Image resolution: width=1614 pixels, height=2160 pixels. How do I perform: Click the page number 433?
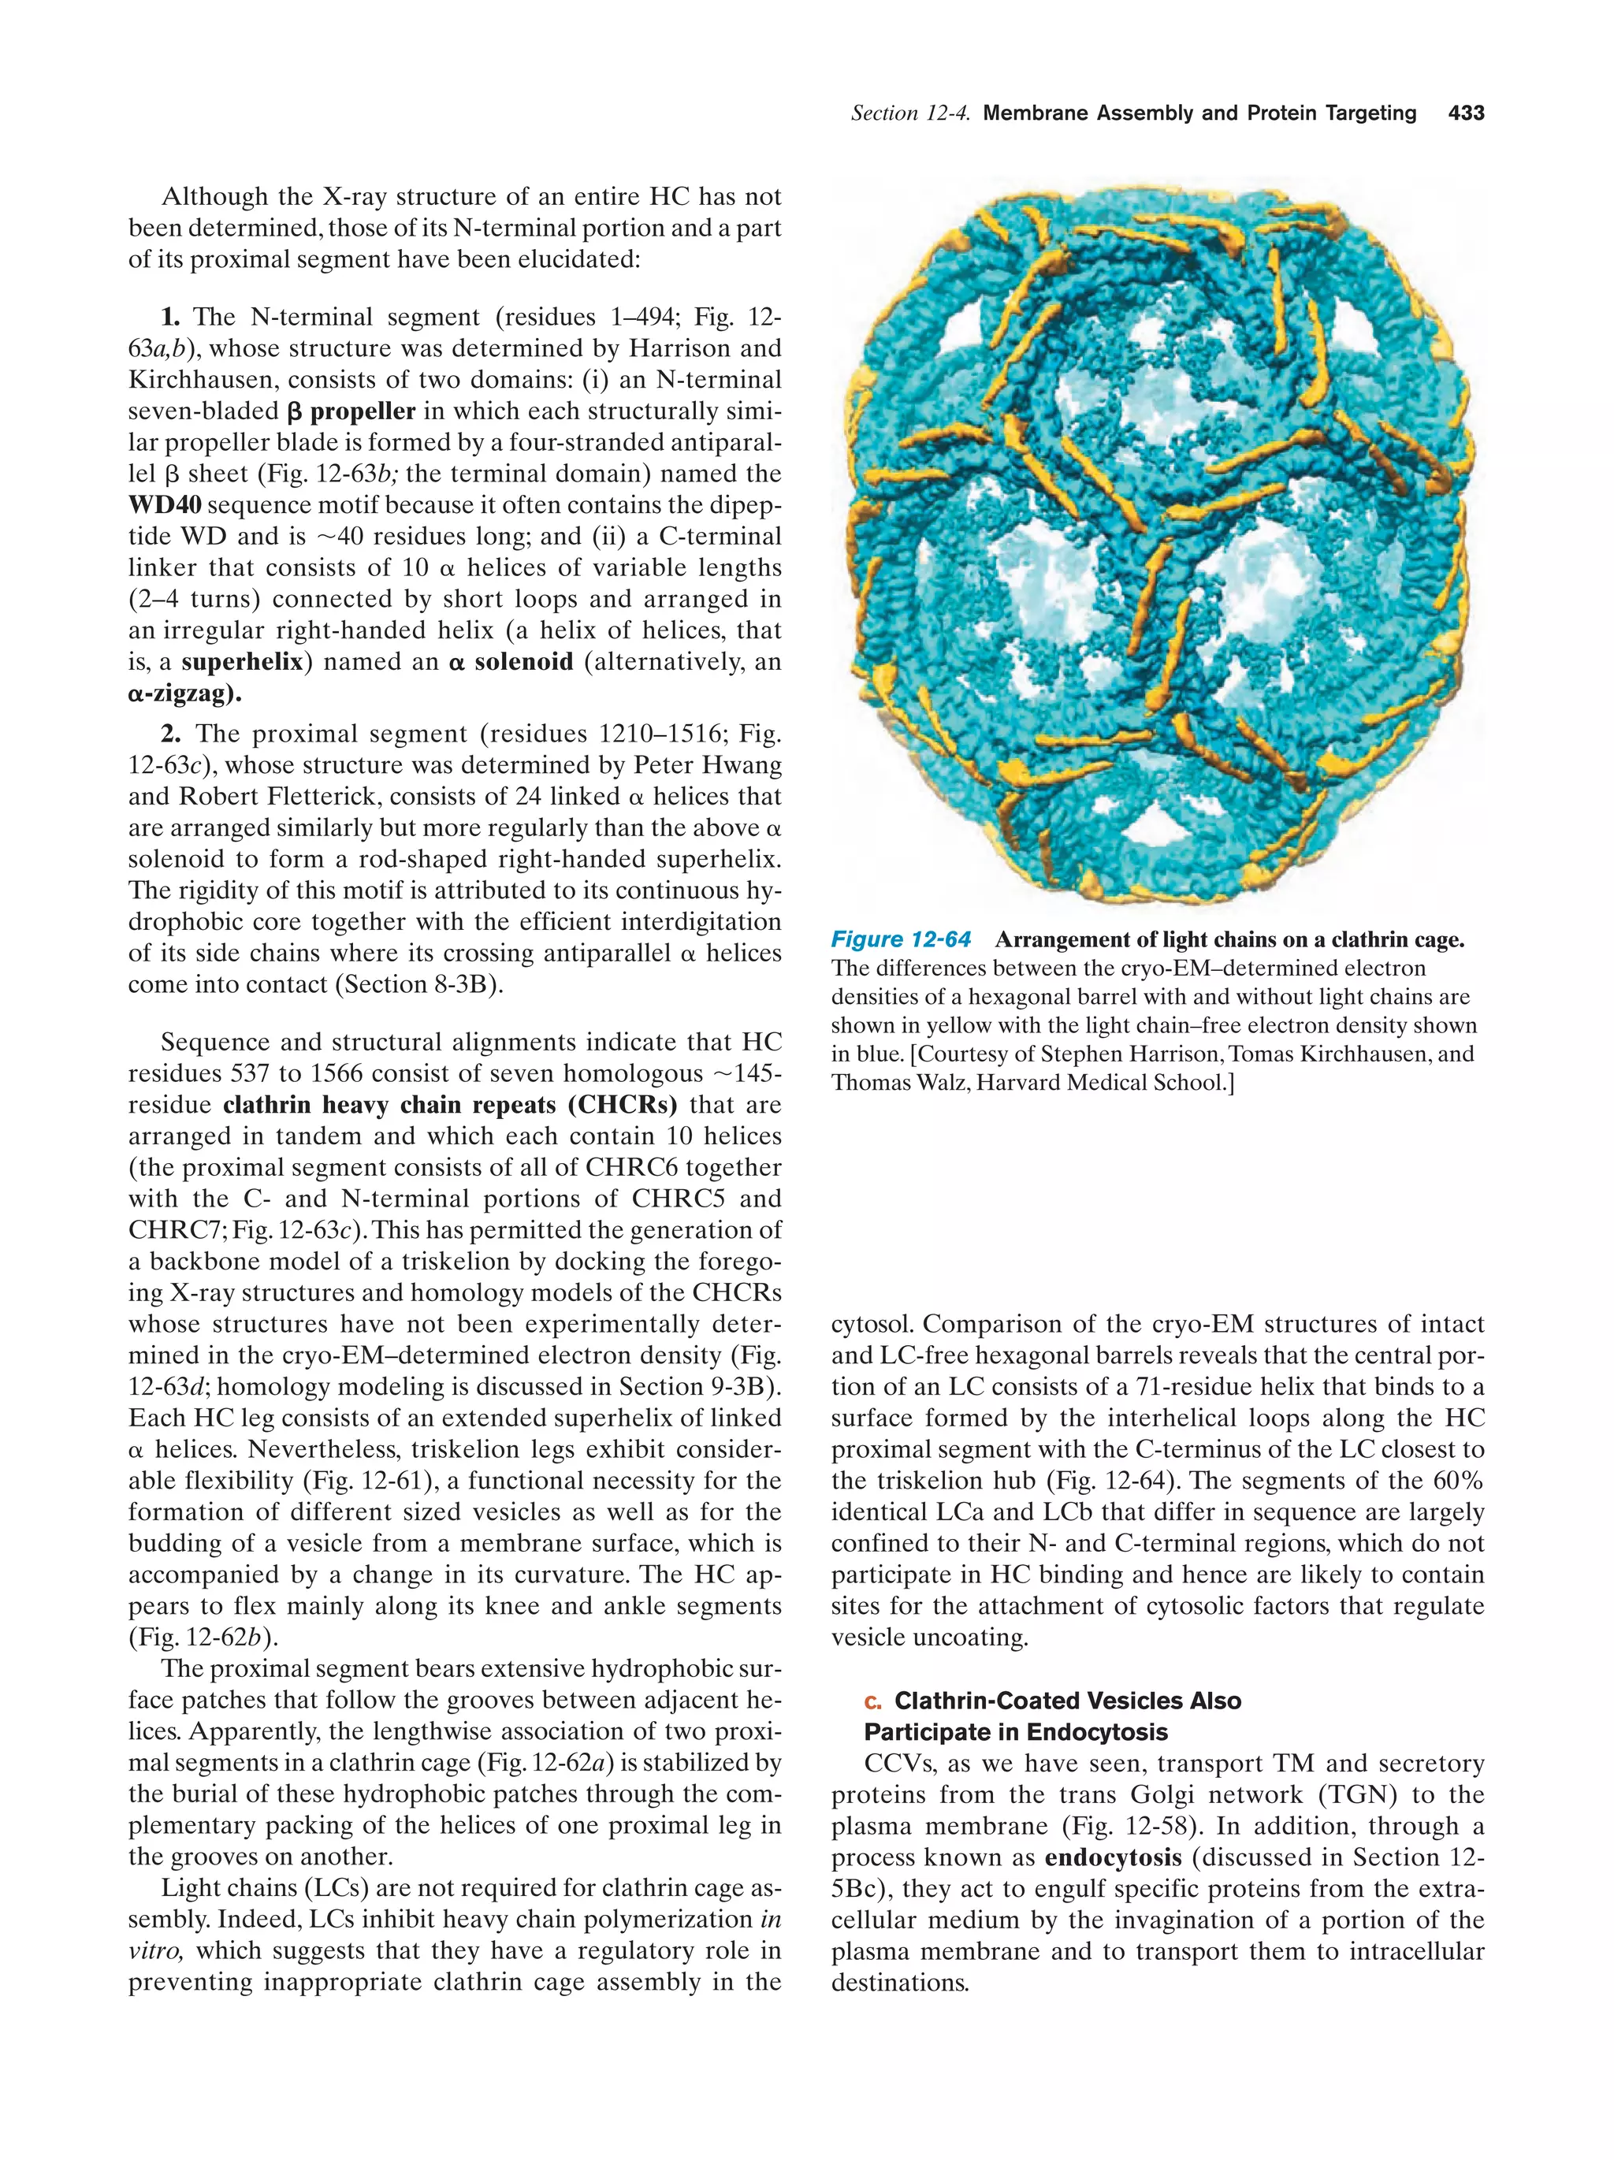pyautogui.click(x=1466, y=113)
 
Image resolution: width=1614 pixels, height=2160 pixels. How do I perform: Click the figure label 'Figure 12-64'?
pyautogui.click(x=900, y=939)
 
